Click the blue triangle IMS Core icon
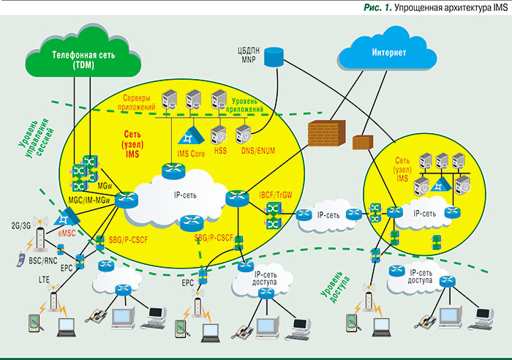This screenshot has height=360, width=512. [190, 135]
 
